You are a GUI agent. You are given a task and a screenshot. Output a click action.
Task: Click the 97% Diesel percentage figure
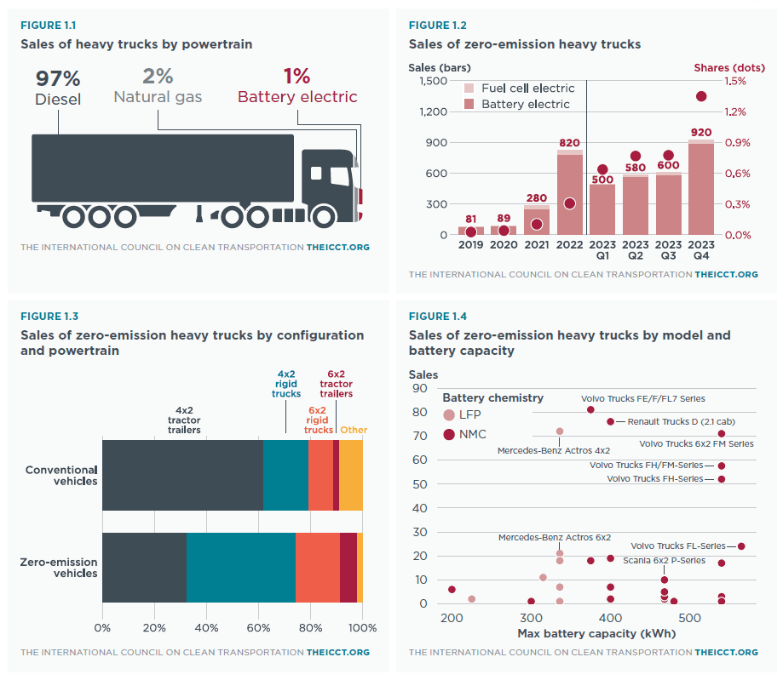click(58, 79)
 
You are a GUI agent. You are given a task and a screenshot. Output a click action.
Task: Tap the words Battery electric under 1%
click(297, 97)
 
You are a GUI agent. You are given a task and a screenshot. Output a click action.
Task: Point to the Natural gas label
click(158, 97)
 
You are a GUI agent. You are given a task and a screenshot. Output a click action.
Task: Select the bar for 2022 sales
click(570, 192)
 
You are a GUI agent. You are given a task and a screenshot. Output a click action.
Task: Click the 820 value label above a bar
click(570, 143)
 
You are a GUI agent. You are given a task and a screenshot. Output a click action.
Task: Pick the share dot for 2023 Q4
click(701, 96)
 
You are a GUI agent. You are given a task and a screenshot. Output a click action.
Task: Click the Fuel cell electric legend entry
click(527, 89)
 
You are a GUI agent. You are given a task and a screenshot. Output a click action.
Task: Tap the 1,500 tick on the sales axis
click(433, 81)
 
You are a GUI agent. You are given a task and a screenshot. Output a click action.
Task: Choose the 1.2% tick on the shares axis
click(737, 111)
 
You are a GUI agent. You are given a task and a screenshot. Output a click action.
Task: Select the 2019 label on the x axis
click(471, 246)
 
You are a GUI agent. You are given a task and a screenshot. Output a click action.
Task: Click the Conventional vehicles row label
click(61, 475)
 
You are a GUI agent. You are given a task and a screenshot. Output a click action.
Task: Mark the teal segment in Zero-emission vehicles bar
click(241, 567)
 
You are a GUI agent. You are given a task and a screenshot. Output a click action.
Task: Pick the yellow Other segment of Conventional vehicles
click(351, 475)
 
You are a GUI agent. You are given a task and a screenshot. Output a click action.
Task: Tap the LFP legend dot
click(449, 414)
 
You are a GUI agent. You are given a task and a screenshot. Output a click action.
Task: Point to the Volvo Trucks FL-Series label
click(677, 546)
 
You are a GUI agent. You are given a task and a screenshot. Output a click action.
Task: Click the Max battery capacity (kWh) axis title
click(576, 634)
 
